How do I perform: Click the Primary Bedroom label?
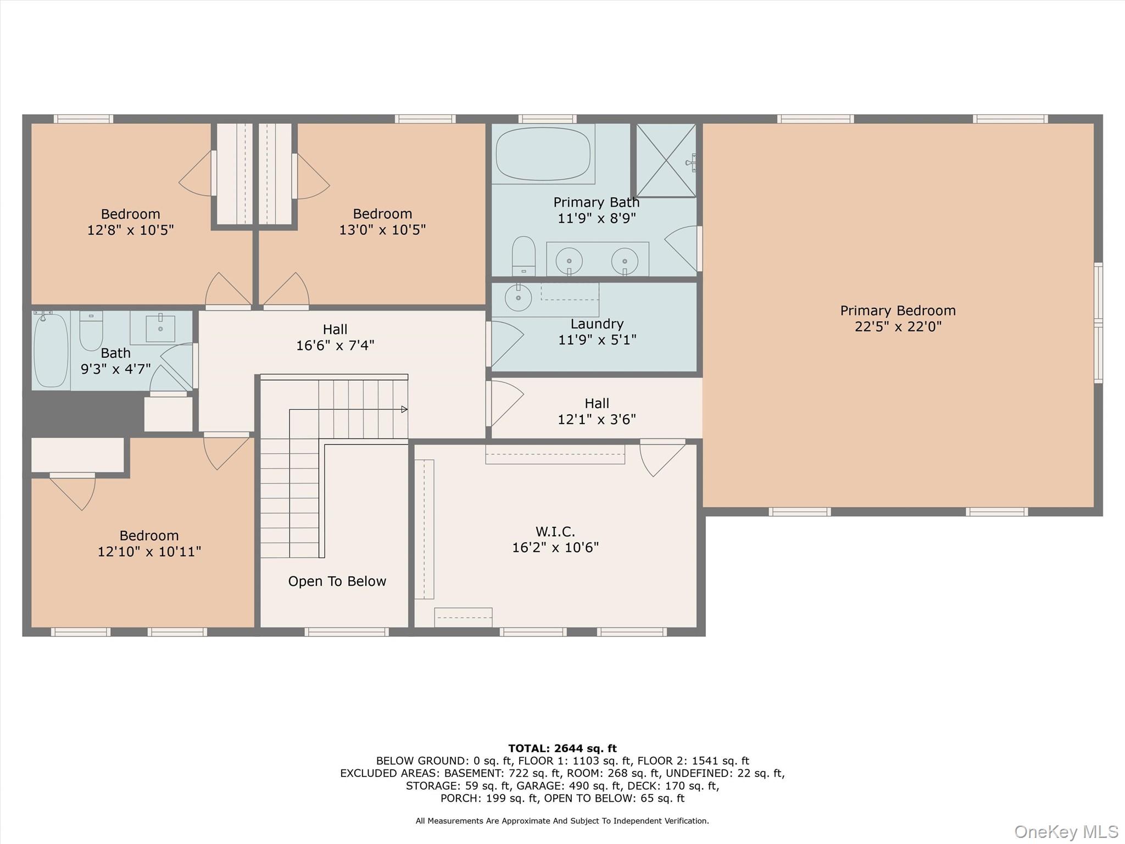click(x=898, y=311)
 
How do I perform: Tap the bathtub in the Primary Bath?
click(x=543, y=154)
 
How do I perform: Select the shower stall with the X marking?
click(x=666, y=160)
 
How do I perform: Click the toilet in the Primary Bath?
click(x=523, y=256)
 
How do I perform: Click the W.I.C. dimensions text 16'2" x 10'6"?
click(x=555, y=547)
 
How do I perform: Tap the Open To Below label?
click(x=337, y=581)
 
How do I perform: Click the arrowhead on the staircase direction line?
click(x=404, y=409)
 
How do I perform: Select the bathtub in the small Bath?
click(x=51, y=351)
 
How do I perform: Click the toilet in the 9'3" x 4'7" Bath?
click(x=91, y=331)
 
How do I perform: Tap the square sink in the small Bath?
click(x=160, y=329)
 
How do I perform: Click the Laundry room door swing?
click(x=505, y=343)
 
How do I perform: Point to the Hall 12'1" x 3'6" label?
click(x=597, y=412)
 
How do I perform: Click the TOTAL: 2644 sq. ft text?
click(x=562, y=748)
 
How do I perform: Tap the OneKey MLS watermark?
click(x=1066, y=832)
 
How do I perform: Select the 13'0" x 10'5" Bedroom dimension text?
click(x=382, y=230)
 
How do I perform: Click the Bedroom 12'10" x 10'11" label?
click(x=149, y=543)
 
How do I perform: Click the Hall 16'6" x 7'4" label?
click(x=335, y=337)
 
